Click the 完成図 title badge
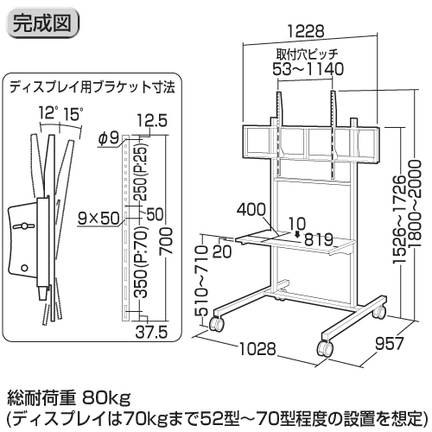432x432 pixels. click(42, 23)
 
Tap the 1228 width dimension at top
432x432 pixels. click(306, 31)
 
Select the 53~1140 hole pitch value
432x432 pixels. click(308, 69)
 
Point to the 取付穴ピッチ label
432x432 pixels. click(307, 54)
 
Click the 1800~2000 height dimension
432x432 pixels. click(415, 204)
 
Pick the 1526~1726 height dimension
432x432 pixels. click(400, 219)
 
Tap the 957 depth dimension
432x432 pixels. click(390, 344)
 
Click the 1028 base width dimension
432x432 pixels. click(257, 349)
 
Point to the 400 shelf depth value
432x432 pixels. click(251, 209)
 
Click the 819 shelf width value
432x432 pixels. click(319, 239)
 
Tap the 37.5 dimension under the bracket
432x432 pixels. click(151, 333)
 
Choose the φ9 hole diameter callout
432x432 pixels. click(109, 138)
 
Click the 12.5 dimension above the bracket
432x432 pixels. click(152, 121)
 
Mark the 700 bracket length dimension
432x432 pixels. click(167, 241)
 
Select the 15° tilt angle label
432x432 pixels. click(73, 114)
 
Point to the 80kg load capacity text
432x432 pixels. click(106, 398)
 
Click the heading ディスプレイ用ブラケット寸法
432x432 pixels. click(92, 87)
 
